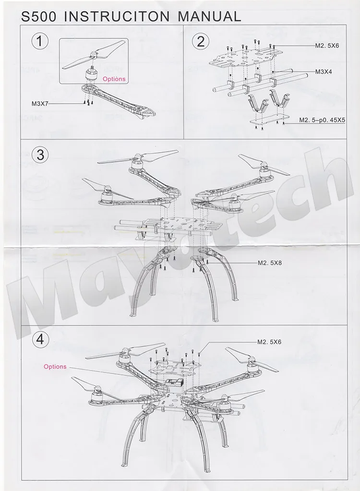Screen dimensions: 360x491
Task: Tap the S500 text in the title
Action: [38, 16]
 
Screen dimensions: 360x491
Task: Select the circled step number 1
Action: [40, 42]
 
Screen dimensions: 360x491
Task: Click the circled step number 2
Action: [200, 42]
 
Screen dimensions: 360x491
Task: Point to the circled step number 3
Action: [40, 155]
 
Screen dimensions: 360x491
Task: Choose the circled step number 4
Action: [40, 340]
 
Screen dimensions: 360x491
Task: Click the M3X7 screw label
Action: [40, 104]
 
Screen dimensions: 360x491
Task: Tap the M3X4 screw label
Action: [324, 72]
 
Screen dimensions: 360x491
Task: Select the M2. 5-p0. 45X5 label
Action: [322, 120]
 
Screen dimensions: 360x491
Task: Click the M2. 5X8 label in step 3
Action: [270, 263]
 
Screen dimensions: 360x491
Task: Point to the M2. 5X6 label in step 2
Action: [327, 46]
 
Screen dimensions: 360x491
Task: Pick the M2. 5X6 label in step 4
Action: [269, 342]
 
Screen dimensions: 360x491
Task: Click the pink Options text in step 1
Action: [114, 79]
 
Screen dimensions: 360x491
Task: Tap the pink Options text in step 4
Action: [55, 366]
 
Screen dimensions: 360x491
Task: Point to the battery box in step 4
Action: [174, 383]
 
